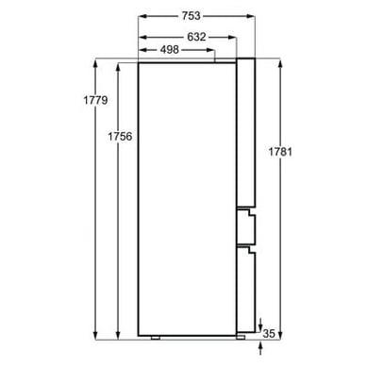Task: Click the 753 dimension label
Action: pyautogui.click(x=191, y=16)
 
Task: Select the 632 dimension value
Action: pyautogui.click(x=196, y=37)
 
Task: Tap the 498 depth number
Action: pyautogui.click(x=170, y=49)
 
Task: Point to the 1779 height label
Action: pyautogui.click(x=95, y=100)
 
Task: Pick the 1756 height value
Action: pyautogui.click(x=120, y=136)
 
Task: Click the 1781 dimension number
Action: pyautogui.click(x=280, y=152)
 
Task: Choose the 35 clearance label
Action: pyautogui.click(x=269, y=333)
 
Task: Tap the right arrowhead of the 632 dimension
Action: pyautogui.click(x=232, y=37)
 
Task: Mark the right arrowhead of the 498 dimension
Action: pyautogui.click(x=210, y=50)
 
